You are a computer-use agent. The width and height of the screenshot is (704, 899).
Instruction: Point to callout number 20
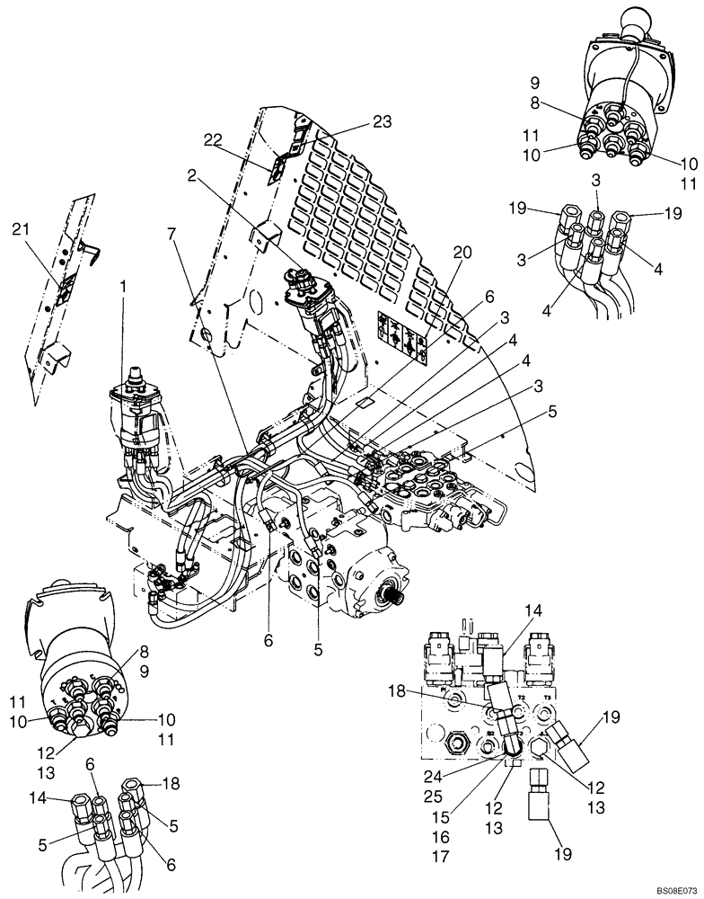pos(462,254)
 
